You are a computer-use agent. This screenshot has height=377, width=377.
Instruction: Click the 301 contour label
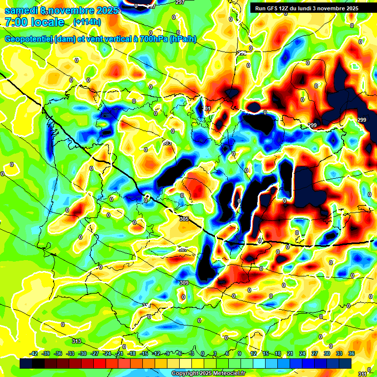coord(206,108)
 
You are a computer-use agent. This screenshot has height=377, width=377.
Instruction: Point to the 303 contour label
coord(167,143)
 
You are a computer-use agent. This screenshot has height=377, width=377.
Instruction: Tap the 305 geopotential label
coord(184,219)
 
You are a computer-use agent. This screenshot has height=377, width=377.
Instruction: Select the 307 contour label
coord(182,249)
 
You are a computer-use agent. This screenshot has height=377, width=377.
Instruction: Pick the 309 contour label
coord(184,283)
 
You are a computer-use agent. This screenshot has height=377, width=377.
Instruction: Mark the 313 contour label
coord(76,341)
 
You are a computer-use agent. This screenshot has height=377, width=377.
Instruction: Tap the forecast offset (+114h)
coord(86,22)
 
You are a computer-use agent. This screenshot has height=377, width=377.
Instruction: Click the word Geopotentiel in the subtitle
coord(27,39)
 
